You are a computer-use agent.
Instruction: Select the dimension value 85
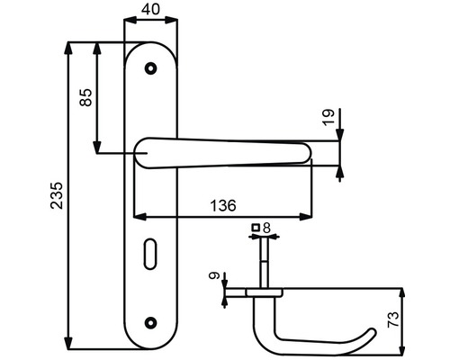87,97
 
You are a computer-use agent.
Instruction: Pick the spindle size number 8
267,228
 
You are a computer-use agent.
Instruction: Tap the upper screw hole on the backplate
150,67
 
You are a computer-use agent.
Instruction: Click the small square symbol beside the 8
256,228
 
